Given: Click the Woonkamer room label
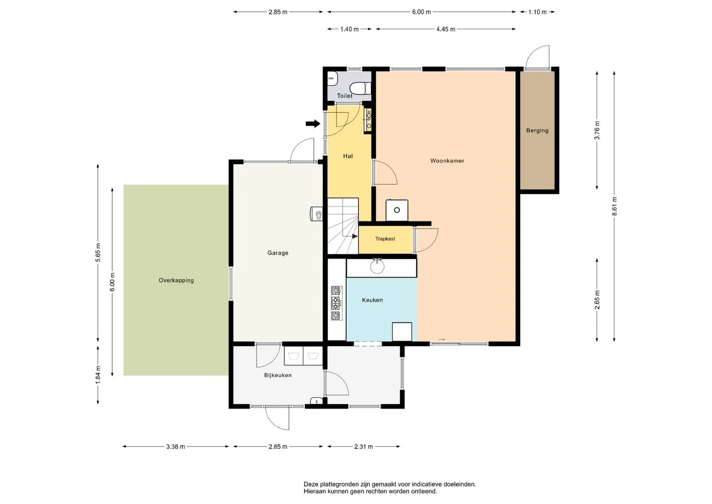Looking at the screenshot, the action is point(447,161).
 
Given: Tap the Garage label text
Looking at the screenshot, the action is point(278,253).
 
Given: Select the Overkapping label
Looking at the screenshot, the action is point(176,280).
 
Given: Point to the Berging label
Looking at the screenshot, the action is point(537,130).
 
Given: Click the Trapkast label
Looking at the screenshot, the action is point(385,239).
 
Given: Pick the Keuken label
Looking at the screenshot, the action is point(372,300).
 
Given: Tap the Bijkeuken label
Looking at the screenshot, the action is point(278,375).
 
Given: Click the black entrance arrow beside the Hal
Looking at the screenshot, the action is point(313,123).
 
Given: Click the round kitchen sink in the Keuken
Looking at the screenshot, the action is point(377,267).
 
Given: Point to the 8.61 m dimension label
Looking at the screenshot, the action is point(614,206).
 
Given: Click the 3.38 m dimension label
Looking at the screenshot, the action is point(176,447).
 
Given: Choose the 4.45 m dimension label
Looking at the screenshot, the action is point(445,29).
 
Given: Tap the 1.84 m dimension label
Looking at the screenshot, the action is point(98,374).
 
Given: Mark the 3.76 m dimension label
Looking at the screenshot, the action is point(597,130).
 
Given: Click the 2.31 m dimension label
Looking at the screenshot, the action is point(363,447).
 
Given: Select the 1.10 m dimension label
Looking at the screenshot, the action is point(537,12).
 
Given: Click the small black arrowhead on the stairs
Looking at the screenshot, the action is point(355,236).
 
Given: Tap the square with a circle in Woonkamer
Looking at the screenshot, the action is point(397,210).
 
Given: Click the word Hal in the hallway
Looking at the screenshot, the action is point(348,156).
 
